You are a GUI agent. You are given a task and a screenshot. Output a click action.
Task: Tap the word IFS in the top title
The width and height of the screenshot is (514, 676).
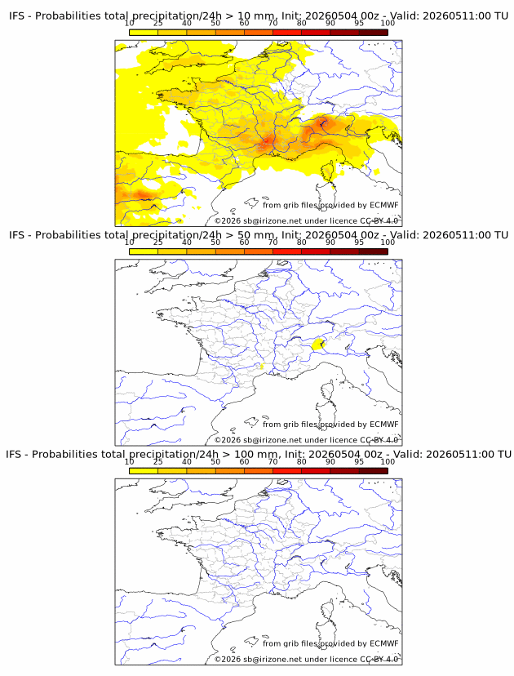17,16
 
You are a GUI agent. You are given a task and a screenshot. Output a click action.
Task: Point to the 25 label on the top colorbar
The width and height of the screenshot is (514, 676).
157,24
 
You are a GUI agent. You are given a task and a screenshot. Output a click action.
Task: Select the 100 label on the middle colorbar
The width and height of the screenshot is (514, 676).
388,242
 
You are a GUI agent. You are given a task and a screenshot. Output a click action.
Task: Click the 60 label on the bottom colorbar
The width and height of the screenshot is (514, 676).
244,462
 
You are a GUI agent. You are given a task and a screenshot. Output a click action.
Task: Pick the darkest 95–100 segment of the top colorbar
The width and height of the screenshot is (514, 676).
374,33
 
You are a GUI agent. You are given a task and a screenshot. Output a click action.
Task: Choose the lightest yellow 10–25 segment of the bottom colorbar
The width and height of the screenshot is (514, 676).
144,471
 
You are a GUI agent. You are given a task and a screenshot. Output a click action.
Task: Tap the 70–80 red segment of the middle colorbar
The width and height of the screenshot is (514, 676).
287,251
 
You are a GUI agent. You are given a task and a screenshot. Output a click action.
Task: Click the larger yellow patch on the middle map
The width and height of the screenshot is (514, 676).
318,345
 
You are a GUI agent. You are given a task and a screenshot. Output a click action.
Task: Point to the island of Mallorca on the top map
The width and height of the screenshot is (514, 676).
250,202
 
